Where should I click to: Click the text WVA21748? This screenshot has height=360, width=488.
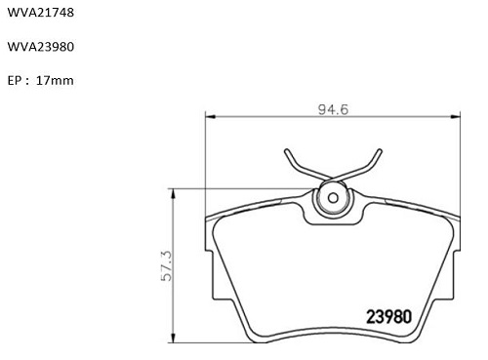point(41,13)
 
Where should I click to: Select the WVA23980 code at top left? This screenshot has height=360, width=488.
point(41,47)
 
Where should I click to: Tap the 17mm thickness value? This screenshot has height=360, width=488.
point(55,80)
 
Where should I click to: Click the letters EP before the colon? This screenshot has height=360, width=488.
point(15,81)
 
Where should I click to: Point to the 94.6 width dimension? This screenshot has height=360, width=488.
point(333,109)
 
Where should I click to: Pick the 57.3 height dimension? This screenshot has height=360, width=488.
point(167,265)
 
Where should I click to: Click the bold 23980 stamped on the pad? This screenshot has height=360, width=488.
point(389,316)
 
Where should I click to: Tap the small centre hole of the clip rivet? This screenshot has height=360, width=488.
point(333,198)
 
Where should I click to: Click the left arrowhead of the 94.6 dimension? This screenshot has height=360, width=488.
point(211,116)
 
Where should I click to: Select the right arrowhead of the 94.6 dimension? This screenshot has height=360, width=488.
point(455,116)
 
